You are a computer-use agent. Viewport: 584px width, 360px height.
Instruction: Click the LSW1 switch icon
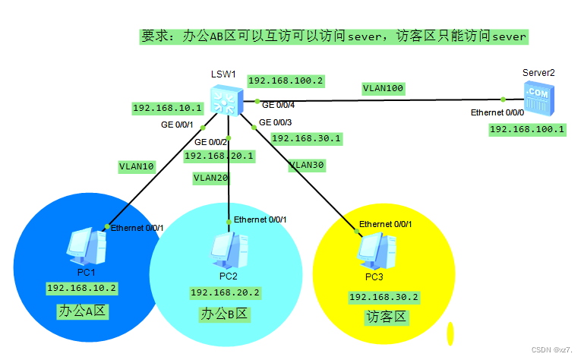click(227, 99)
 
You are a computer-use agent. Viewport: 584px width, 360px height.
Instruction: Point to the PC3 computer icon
click(374, 248)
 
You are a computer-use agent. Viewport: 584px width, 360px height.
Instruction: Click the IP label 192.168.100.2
click(286, 81)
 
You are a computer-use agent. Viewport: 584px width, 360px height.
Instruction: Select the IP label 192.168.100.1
click(527, 129)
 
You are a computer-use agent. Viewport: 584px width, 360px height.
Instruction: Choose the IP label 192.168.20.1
click(219, 156)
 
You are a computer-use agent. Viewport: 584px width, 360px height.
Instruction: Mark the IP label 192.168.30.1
click(306, 138)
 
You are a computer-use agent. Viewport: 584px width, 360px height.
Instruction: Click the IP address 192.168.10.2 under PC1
click(82, 288)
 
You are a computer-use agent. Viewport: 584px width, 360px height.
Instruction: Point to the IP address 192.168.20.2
click(225, 292)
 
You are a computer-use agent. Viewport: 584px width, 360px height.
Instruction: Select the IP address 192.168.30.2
click(384, 297)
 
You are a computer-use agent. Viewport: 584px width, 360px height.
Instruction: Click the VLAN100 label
click(383, 88)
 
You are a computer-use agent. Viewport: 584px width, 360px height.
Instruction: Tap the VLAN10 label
click(137, 166)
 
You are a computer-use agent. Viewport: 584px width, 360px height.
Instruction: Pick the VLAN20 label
click(211, 178)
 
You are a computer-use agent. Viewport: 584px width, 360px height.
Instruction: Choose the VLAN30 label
click(306, 165)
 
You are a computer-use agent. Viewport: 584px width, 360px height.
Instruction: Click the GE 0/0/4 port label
click(278, 105)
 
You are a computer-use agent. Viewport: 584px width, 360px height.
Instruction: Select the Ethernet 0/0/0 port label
click(497, 112)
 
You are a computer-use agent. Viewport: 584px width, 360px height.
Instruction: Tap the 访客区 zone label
click(387, 317)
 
